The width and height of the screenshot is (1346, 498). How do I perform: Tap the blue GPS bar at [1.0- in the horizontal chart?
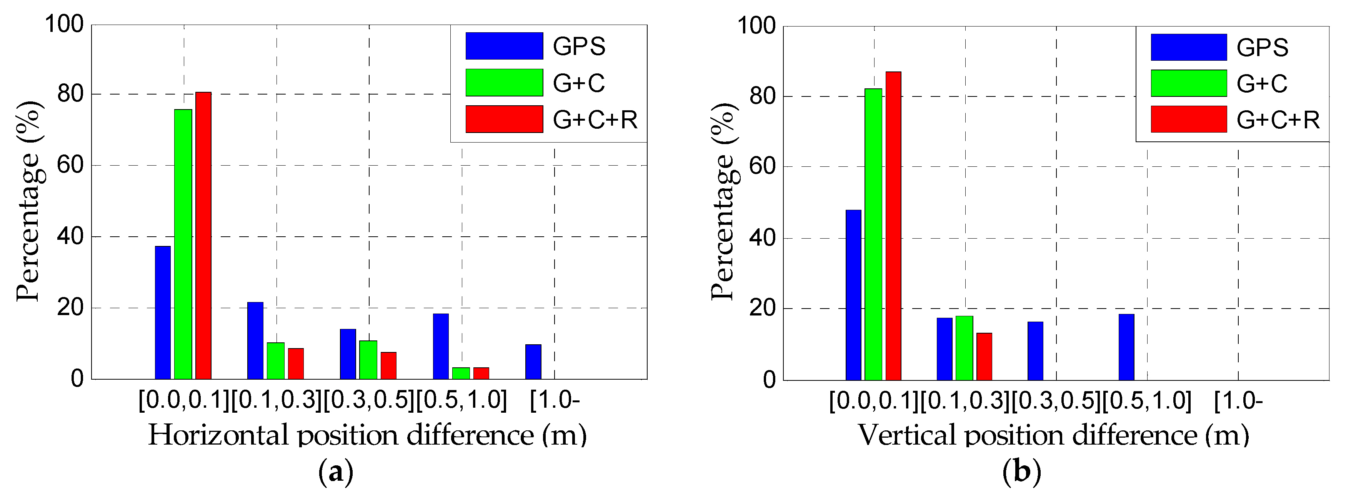pos(533,362)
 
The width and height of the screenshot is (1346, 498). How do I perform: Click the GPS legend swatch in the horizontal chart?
pos(504,46)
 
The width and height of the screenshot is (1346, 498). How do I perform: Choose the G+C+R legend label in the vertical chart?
pos(1278,120)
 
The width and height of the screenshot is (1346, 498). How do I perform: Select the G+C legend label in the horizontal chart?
pos(578,83)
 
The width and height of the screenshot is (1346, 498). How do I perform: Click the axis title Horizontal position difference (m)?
pos(367,435)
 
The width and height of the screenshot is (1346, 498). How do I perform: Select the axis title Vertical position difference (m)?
pos(1053,435)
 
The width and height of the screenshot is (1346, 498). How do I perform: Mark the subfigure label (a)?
pos(335,472)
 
